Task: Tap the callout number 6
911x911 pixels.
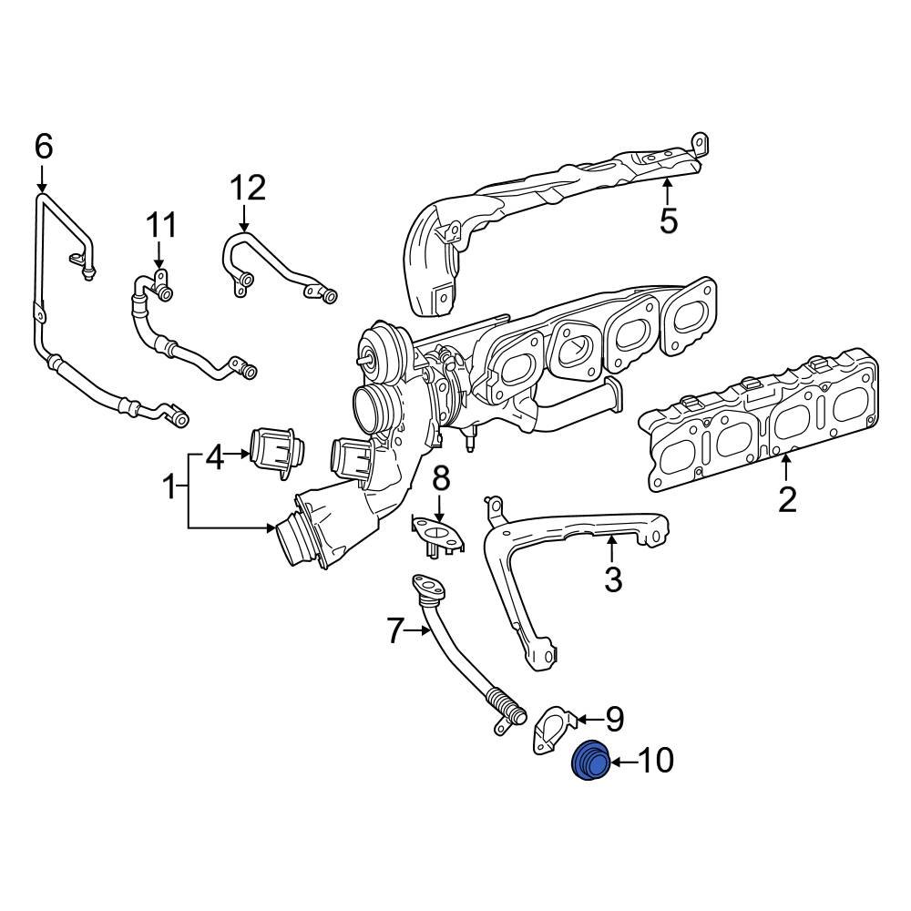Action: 44,147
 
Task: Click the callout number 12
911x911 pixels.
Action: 247,189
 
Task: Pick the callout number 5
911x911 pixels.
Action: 669,221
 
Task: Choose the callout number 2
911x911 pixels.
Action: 786,498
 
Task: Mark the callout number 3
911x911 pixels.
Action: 613,578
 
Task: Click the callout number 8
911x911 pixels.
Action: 440,476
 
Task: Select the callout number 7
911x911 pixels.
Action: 394,630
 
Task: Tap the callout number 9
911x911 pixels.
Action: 615,719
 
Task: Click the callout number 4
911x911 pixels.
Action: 214,457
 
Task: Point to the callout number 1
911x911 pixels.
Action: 169,489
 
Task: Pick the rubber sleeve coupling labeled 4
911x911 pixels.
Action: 277,450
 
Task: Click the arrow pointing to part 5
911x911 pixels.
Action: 668,192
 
